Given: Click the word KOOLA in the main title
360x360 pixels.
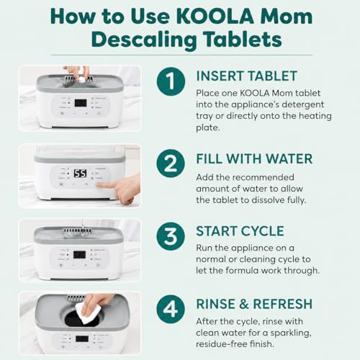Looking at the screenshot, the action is point(215,17).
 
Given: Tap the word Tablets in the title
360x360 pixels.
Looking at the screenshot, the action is point(243,40).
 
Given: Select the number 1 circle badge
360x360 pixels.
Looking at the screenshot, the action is point(171,81).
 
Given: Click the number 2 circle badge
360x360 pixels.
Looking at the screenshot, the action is point(171,163).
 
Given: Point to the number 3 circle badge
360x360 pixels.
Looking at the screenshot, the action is point(171,236).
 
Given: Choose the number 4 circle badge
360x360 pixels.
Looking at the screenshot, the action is point(171,309).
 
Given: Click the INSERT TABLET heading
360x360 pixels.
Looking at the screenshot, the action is point(247,76).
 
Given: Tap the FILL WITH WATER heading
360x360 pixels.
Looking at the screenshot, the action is point(254,158).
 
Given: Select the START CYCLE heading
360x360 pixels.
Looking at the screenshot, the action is point(240,231).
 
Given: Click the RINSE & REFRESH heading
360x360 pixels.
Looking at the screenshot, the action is point(254,304).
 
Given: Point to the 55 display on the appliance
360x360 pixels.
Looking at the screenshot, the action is point(80,174).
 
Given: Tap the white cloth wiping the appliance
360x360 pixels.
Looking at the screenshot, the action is point(87,312).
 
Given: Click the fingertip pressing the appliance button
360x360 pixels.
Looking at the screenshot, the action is point(99,185).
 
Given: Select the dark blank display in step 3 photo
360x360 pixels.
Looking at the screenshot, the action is point(79,255).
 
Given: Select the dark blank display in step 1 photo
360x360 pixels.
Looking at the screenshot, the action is point(81,103).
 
